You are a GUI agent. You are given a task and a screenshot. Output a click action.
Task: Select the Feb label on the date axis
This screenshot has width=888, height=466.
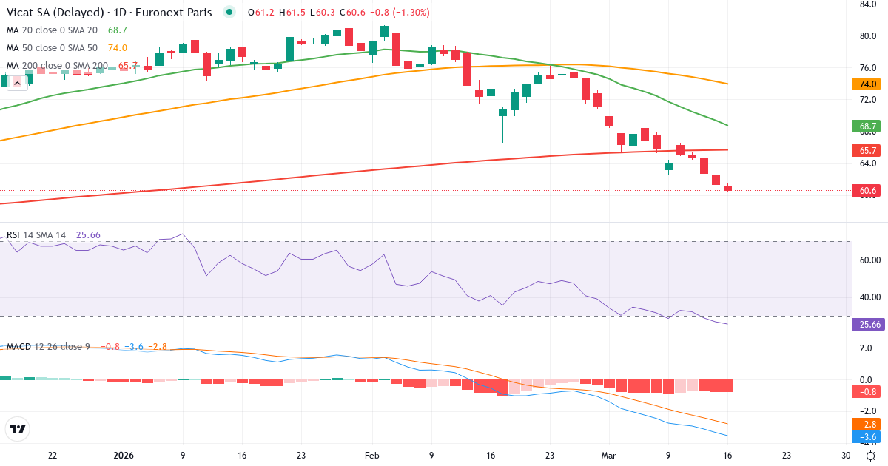pos(372,456)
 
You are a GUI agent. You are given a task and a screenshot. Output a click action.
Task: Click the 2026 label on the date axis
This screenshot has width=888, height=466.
pos(123,456)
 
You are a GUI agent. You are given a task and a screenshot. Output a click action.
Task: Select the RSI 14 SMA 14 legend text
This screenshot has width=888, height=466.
pos(37,235)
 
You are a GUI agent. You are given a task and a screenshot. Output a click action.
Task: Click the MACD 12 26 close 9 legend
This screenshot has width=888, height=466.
pos(48,347)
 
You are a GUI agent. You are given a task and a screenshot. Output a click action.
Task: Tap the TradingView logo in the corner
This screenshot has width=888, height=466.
pos(18,429)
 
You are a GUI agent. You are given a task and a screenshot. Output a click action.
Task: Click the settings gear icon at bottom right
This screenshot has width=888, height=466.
pos(872,456)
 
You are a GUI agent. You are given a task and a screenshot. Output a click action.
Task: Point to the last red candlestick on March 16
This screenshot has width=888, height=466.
pos(727,188)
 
